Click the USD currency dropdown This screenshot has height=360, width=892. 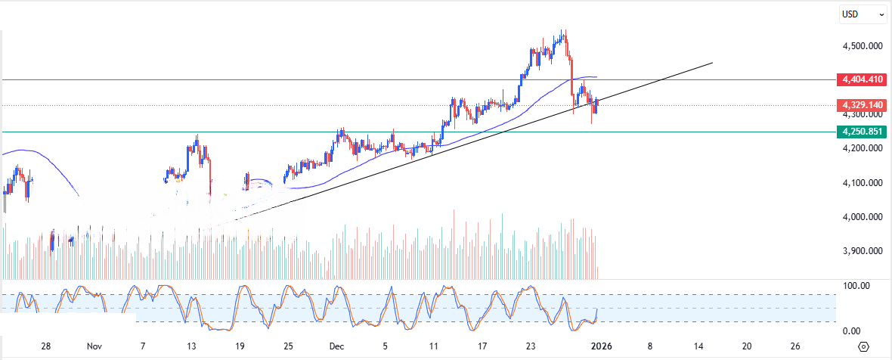click(863, 14)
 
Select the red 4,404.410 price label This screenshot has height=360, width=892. click(862, 79)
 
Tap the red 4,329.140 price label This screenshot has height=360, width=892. click(862, 105)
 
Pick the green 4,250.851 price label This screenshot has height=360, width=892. click(862, 132)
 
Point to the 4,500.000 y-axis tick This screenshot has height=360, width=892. click(863, 46)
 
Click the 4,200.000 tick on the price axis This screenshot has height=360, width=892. click(863, 149)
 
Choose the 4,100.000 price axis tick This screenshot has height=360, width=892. click(863, 183)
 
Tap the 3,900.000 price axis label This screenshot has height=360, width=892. click(863, 252)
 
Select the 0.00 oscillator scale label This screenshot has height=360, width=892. click(852, 331)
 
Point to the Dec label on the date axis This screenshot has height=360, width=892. click(337, 346)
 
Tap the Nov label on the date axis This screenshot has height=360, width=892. click(94, 346)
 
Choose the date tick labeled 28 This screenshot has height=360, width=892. click(46, 346)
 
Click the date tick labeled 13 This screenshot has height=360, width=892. click(192, 346)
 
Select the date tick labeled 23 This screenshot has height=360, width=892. click(531, 346)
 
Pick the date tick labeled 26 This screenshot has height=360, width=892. click(795, 346)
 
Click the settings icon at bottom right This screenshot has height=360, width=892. click(864, 346)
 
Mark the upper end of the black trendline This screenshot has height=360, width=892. click(712, 63)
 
